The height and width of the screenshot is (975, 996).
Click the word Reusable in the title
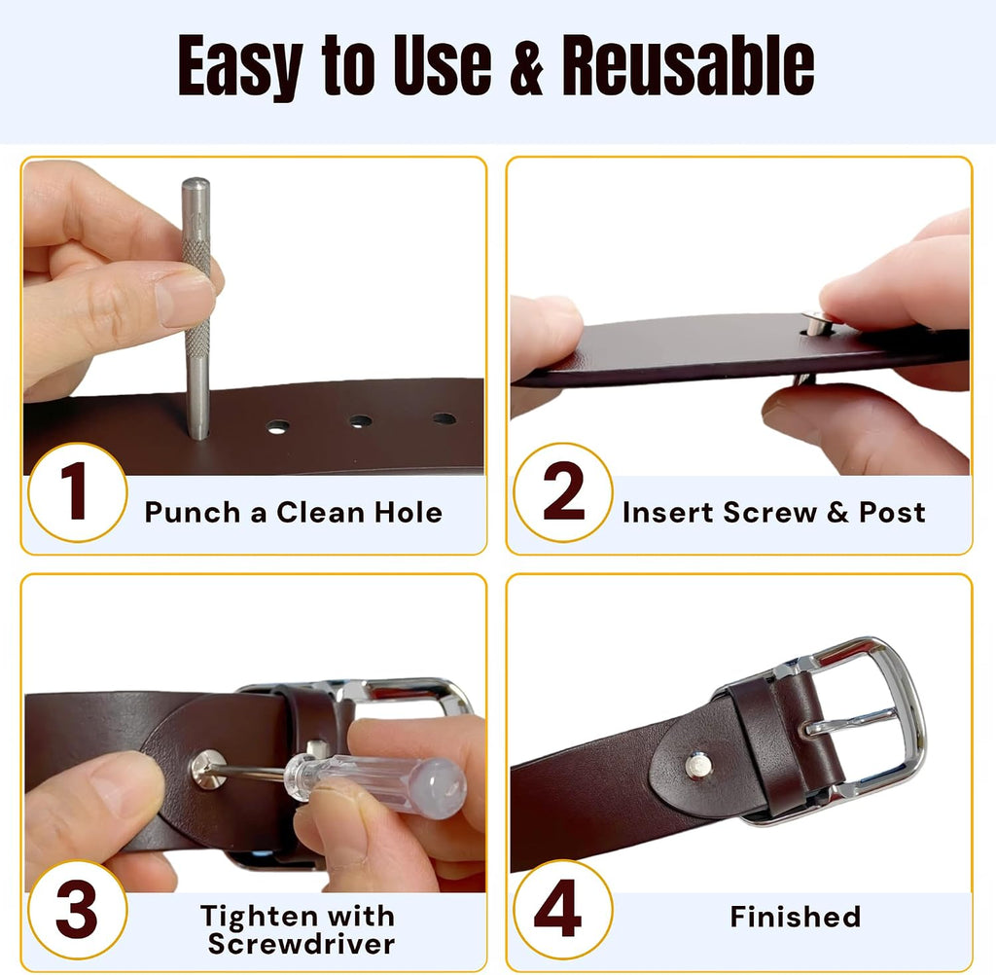688,65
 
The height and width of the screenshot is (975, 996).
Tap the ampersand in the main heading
526,66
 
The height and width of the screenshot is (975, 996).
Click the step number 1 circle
78,492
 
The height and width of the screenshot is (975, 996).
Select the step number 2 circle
563,492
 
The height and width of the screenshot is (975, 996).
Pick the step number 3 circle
78,910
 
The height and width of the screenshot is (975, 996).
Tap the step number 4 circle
563,910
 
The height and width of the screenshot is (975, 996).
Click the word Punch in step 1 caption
193,512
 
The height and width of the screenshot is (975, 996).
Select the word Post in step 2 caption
892,512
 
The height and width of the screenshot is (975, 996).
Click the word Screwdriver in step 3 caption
302,944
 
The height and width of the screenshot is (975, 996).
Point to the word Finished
796,917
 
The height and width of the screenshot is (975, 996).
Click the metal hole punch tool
196,308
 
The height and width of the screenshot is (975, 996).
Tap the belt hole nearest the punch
277,427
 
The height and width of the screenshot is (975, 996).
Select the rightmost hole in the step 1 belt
444,418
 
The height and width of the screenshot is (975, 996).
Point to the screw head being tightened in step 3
209,769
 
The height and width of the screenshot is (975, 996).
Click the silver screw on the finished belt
698,765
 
